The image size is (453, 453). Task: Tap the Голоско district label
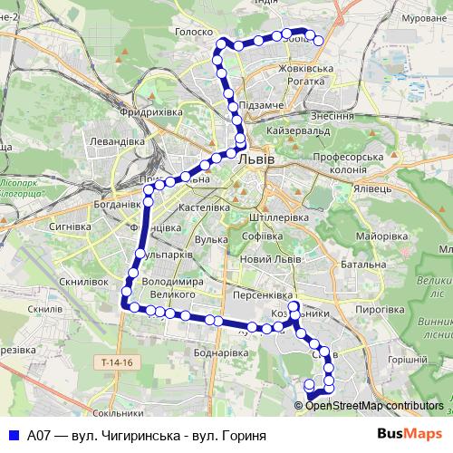[192, 31]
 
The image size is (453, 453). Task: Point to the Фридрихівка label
[150, 112]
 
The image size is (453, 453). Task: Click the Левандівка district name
[118, 141]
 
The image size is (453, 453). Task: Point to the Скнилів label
[44, 309]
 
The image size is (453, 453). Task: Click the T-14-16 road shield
[118, 362]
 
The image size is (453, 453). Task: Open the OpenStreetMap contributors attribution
[374, 406]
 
